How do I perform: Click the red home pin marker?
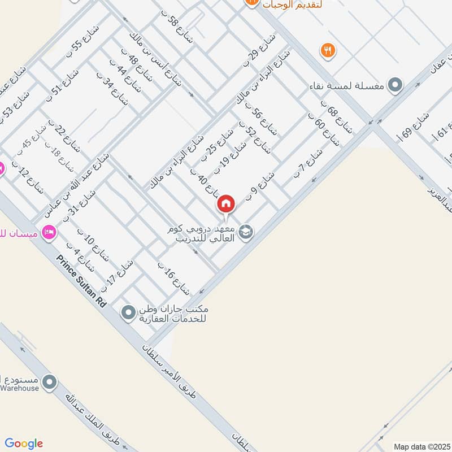pos(226,203)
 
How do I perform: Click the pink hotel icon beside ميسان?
pos(49,232)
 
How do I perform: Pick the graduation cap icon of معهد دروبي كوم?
pos(246,231)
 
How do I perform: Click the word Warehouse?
pos(20,388)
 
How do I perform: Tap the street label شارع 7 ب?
pos(307,164)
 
